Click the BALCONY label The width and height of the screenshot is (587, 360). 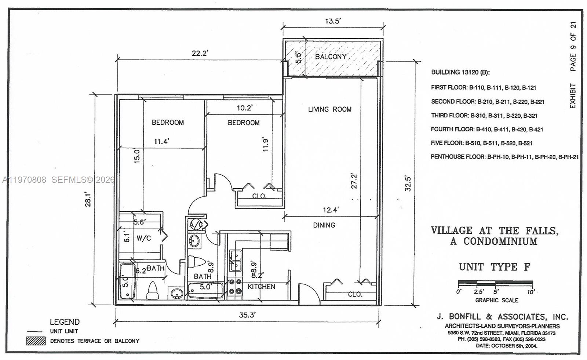point(331,57)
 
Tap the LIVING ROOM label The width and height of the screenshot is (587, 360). point(329,109)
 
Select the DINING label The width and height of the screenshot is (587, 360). point(324,225)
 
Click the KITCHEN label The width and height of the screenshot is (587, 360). point(261,287)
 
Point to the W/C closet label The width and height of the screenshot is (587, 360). point(143,238)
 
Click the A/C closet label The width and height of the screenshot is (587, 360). point(196,225)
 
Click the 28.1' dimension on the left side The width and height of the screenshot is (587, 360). point(88,199)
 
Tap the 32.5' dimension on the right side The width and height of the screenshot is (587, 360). point(408,183)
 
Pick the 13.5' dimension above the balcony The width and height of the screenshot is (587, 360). point(332,21)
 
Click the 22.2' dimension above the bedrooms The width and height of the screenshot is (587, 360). point(200,53)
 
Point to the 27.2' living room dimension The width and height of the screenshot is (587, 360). point(354,181)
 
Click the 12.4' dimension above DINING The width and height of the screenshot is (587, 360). point(331,210)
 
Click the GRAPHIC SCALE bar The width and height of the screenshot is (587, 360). point(495,283)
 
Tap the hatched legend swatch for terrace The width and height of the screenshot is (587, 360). point(36,341)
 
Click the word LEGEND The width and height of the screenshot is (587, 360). point(65,322)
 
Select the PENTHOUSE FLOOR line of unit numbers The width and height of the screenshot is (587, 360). point(504,157)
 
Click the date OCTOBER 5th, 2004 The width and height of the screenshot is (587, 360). point(506,346)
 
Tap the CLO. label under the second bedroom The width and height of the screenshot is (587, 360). point(259,196)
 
